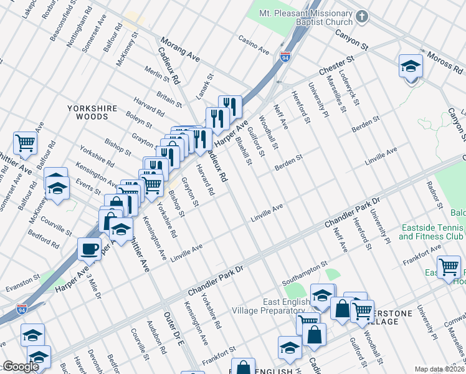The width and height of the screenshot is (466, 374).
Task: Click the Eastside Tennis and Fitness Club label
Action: pos(431,232)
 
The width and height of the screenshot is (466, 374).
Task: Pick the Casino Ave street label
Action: pos(254,44)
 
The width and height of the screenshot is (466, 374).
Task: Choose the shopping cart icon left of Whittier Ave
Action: pos(25,143)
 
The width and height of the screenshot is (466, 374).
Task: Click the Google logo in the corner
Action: pos(21,367)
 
